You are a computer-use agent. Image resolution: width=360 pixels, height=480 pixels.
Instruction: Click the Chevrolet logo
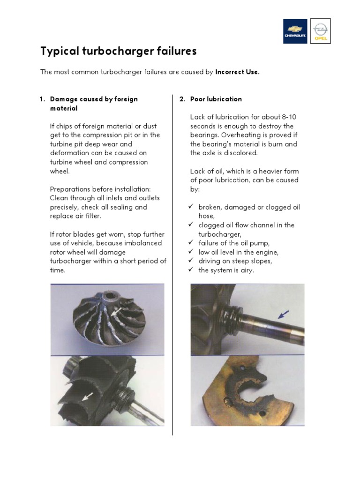point(295,31)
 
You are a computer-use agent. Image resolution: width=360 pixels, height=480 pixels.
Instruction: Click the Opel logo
point(321,31)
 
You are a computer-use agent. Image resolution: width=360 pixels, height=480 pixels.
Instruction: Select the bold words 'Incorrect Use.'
point(237,72)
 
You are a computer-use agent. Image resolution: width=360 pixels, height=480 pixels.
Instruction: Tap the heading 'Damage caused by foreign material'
point(93,104)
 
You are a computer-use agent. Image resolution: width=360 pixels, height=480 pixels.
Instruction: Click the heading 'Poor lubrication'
point(216,99)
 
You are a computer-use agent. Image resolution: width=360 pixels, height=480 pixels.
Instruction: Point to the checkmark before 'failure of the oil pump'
point(191,243)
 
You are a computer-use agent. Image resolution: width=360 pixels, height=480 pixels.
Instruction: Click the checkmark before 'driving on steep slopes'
point(191,261)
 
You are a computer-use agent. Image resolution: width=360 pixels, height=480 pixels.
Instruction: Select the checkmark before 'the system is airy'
point(191,270)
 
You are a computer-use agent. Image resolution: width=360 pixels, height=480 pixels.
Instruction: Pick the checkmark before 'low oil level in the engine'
point(191,252)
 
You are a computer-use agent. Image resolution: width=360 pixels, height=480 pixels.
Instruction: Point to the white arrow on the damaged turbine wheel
point(87,397)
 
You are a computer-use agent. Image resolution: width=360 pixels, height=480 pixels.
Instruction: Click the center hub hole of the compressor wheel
point(112,296)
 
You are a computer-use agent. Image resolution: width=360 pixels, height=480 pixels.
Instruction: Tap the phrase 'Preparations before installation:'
point(100,189)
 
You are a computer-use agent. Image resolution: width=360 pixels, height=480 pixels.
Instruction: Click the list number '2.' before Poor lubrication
point(182,99)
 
